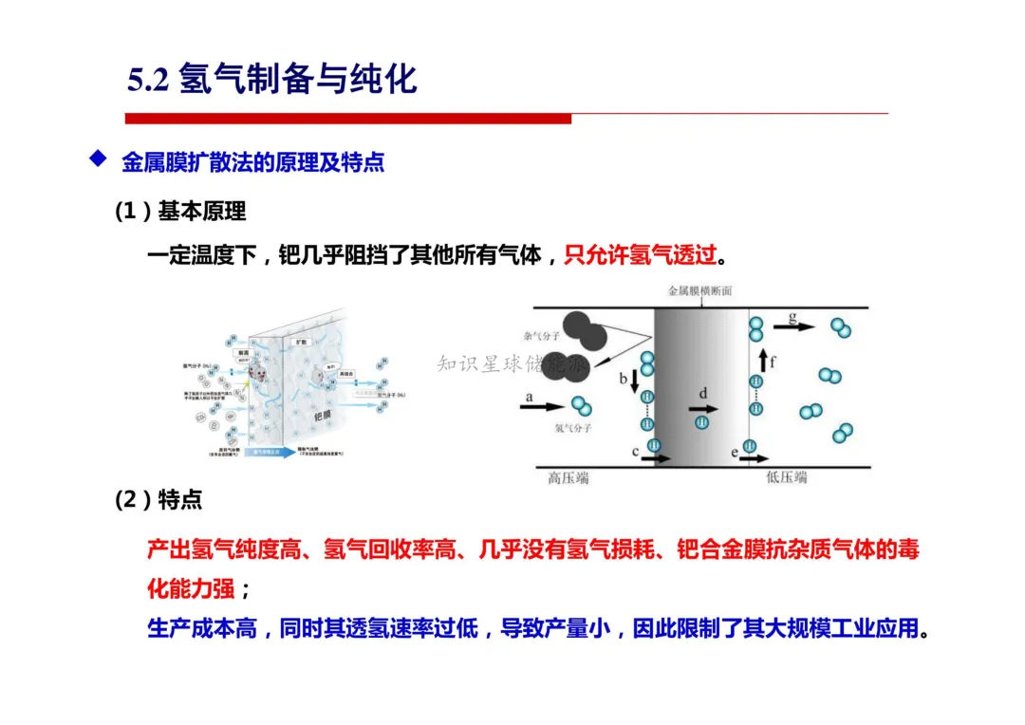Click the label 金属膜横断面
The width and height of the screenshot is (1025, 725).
(699, 292)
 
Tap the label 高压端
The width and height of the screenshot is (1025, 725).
(567, 477)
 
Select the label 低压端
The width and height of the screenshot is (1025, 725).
(786, 477)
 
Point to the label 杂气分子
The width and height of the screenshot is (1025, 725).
(542, 337)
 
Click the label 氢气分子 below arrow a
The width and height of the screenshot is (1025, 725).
(573, 429)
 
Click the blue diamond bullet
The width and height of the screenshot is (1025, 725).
(96, 158)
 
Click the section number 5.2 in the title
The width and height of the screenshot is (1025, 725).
(148, 80)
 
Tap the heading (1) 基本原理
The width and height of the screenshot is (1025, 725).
(180, 211)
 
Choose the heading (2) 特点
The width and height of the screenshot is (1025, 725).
(158, 500)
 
